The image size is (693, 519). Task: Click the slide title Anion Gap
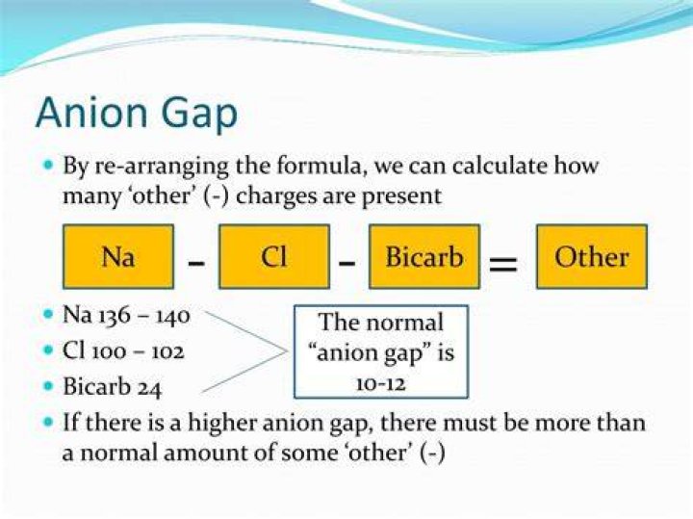pos(136,114)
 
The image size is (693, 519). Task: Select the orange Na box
pos(118,257)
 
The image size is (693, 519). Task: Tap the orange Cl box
pos(274,257)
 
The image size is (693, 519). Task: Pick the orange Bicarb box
pos(424,257)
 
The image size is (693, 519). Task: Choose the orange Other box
pos(592,257)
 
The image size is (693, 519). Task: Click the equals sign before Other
pos(502,264)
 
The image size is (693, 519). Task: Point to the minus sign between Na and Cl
pos(196,264)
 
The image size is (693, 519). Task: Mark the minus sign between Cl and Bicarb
pos(346,264)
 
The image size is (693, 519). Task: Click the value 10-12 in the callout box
pos(380,384)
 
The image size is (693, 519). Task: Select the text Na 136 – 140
pos(126,315)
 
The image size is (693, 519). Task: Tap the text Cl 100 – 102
pos(123,351)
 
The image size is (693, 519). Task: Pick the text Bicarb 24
pos(113,387)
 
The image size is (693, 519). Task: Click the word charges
pos(276,196)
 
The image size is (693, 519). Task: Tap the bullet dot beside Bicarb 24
pos(49,386)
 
